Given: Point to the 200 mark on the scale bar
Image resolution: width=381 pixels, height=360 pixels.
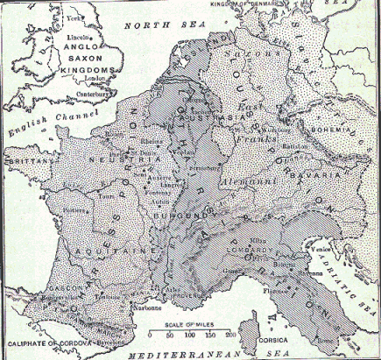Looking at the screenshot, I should click(230, 335).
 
